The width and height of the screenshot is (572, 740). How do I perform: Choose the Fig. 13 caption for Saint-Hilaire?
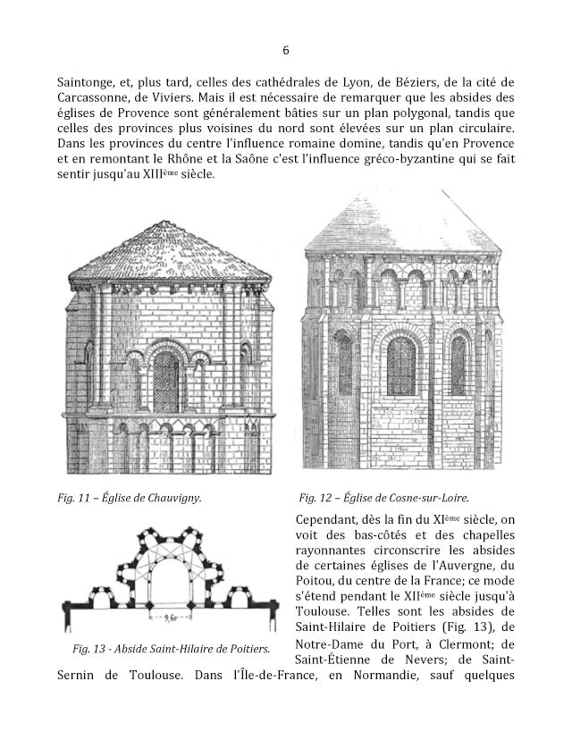pos(163,646)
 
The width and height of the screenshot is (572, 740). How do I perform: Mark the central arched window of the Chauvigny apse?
pos(166,380)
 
